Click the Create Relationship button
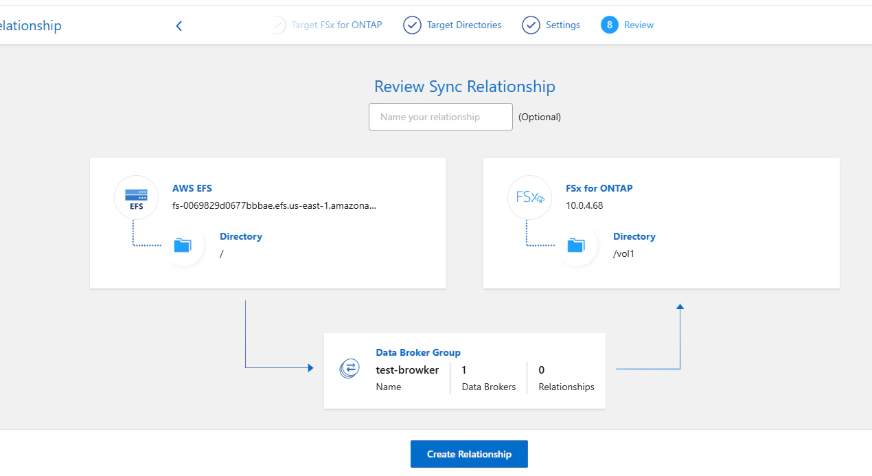(x=469, y=454)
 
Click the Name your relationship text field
(x=440, y=117)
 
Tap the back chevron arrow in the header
(x=179, y=26)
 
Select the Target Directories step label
(x=464, y=25)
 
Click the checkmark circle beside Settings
(x=531, y=25)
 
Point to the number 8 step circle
(x=609, y=25)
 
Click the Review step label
(x=639, y=25)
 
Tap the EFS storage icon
(x=136, y=198)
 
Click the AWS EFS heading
(x=192, y=188)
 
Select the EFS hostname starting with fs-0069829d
(x=274, y=205)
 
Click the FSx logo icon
(x=529, y=198)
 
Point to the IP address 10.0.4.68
(x=584, y=205)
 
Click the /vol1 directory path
(x=623, y=254)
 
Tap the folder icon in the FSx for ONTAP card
(x=576, y=245)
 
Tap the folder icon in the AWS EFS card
(x=183, y=245)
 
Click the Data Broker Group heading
(x=418, y=352)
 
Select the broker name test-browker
(x=407, y=370)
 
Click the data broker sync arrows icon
(x=349, y=368)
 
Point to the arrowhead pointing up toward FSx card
(x=680, y=306)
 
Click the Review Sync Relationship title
(x=465, y=87)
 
